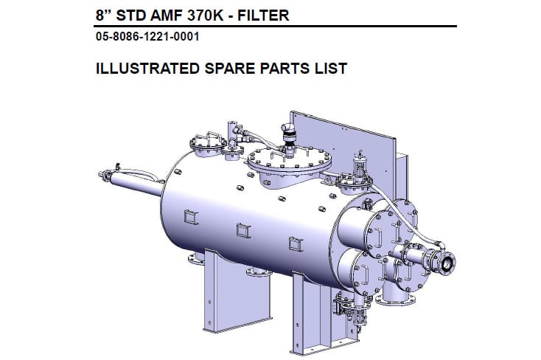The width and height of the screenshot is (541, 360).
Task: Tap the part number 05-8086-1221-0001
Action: [x=147, y=36]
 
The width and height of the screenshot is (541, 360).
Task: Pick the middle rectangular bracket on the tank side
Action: [x=242, y=230]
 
